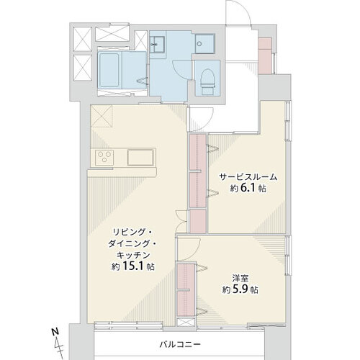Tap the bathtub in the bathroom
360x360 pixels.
click(x=109, y=70)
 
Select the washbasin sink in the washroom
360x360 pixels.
click(x=157, y=45)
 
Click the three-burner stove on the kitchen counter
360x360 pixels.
click(x=104, y=158)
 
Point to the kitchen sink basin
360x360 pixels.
click(x=140, y=158)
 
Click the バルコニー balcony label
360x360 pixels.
click(x=180, y=345)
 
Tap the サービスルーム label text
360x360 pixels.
click(x=248, y=177)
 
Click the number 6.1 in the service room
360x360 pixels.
click(x=248, y=188)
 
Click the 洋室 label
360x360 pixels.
click(x=240, y=279)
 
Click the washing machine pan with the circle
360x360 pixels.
click(x=204, y=44)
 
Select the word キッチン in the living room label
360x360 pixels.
click(x=132, y=255)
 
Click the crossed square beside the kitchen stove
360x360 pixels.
click(x=102, y=116)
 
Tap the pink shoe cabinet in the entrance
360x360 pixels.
click(x=265, y=55)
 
